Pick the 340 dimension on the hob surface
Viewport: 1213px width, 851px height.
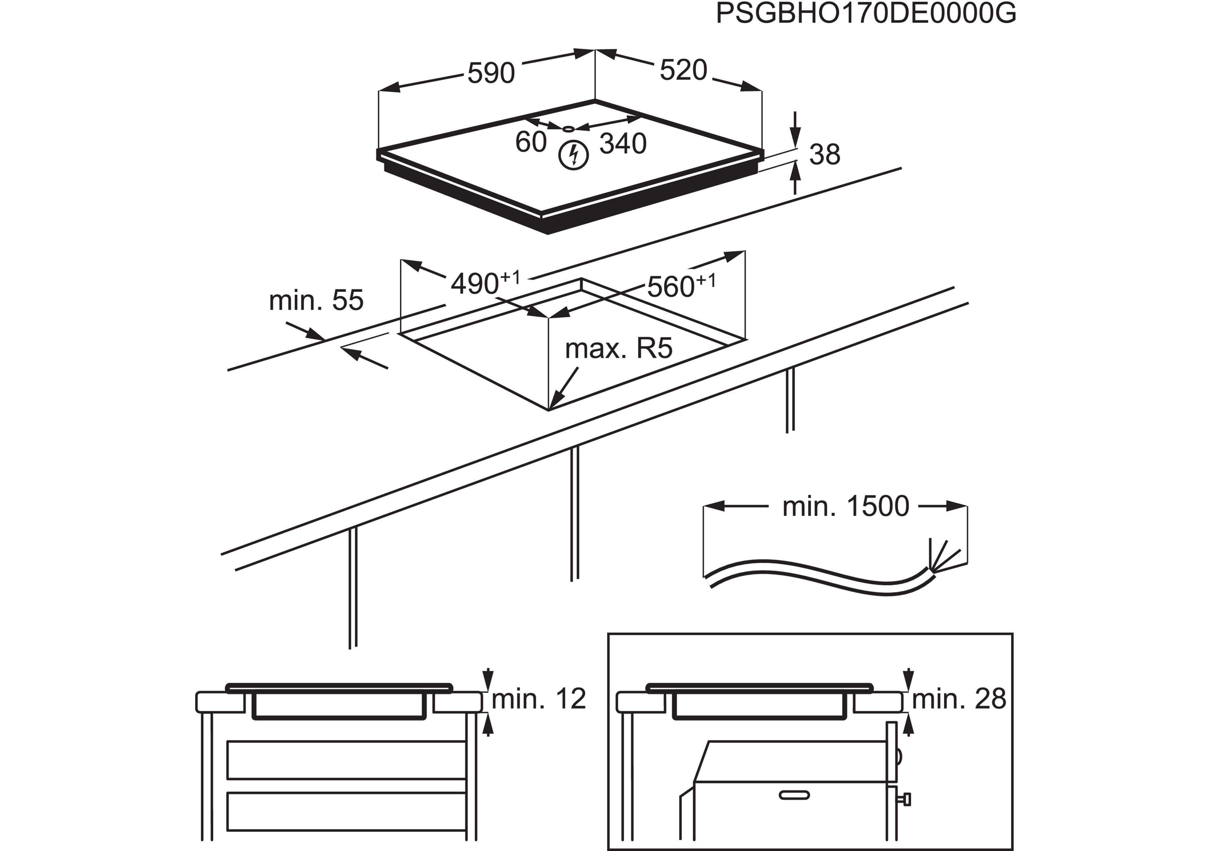click(623, 144)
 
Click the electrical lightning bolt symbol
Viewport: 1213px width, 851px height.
click(573, 155)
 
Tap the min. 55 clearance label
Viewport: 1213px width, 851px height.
click(316, 300)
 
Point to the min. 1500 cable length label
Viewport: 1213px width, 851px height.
click(845, 506)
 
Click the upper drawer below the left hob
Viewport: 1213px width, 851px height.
click(346, 760)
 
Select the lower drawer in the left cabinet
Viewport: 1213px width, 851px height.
click(346, 811)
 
